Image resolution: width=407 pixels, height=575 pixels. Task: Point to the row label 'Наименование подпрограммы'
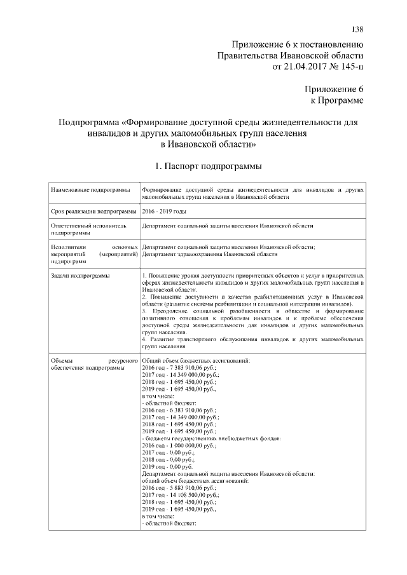[x=87, y=190]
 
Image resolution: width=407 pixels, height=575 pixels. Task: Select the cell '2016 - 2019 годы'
[x=164, y=210]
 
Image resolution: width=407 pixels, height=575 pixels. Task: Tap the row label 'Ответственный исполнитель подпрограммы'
[x=89, y=229]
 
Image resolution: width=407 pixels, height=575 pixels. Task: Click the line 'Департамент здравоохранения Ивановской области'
[x=210, y=254]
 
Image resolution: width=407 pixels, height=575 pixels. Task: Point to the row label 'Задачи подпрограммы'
[x=79, y=276]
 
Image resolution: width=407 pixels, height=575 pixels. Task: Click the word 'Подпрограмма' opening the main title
[x=88, y=121]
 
